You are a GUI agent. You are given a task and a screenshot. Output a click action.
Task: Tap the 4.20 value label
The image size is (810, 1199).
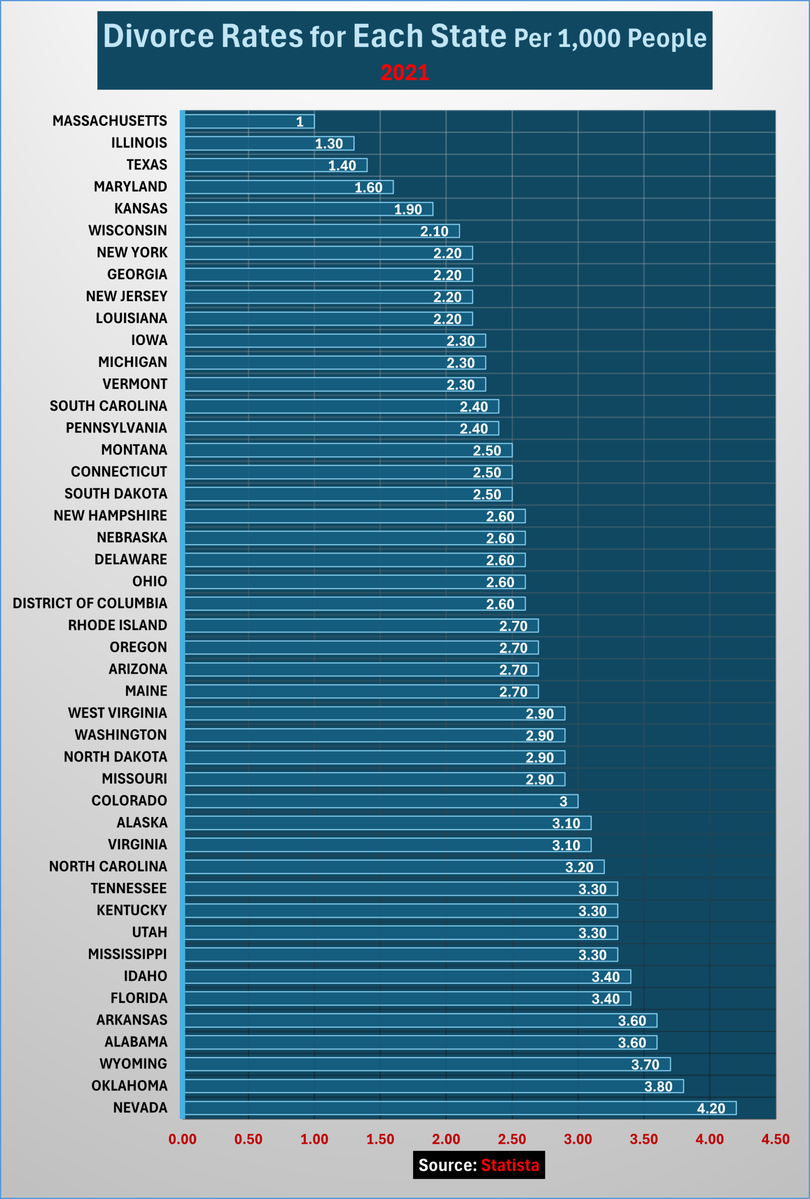[710, 1108]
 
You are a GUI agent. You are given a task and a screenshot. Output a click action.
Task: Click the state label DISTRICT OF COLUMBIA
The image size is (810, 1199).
[90, 603]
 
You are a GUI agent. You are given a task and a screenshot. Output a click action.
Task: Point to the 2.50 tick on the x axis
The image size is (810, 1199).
[512, 1139]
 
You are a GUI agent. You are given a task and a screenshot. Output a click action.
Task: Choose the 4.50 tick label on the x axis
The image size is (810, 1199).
[775, 1139]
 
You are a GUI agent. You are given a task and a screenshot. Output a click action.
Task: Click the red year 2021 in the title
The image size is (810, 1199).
[404, 72]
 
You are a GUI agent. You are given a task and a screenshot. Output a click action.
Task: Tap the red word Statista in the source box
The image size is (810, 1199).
[510, 1165]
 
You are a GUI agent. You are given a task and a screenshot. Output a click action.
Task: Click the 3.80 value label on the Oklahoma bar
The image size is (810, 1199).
[658, 1086]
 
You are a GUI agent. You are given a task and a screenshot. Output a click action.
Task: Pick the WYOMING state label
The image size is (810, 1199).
[133, 1064]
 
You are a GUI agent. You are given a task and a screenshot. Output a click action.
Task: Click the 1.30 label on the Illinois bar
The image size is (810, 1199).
[329, 143]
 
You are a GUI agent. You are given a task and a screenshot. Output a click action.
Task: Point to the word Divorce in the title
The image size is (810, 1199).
[159, 36]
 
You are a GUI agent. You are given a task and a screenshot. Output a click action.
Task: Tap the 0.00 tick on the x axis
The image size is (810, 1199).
[182, 1139]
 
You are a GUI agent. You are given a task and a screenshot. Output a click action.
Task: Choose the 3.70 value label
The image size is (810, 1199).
[645, 1064]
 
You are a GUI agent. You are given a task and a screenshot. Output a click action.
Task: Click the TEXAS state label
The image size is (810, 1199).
[147, 165]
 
